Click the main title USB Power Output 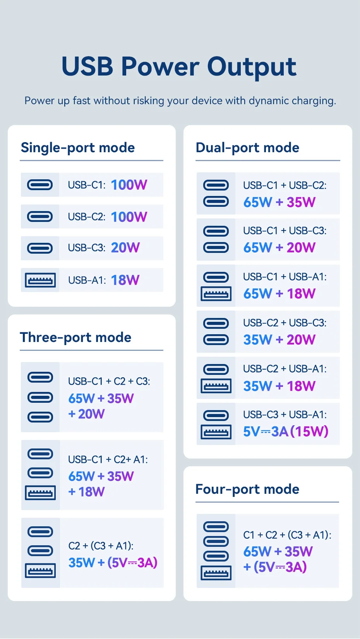point(179,67)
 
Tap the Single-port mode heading point(78,148)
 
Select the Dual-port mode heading point(247,148)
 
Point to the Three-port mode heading point(76,337)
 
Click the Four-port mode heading point(247,489)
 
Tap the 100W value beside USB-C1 point(129,185)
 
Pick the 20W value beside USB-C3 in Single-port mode point(125,247)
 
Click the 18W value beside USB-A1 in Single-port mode point(125,280)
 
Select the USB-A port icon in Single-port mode point(40,280)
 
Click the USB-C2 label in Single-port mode point(86,217)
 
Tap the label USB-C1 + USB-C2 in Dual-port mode point(285,186)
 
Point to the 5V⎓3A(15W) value point(286,431)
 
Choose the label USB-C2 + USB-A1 point(285,369)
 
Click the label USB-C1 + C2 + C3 point(109,381)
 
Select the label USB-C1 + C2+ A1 point(108,460)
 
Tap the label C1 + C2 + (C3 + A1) point(287,535)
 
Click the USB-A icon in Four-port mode point(216,573)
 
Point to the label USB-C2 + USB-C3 point(285,323)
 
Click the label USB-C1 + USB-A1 point(285,277)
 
